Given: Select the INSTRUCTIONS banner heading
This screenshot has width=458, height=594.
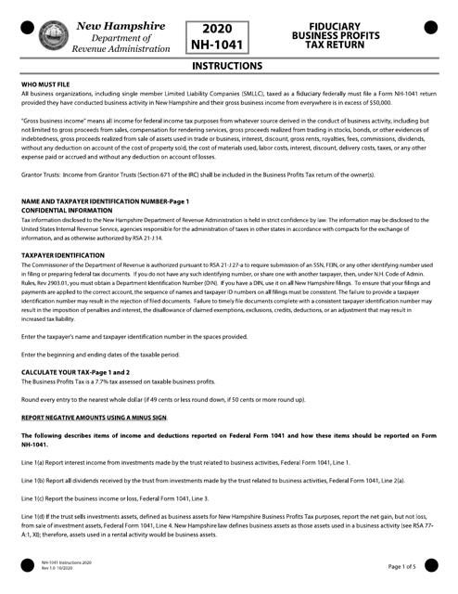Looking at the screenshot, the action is coord(228,67).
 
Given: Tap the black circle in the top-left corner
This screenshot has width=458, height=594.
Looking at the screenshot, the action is coord(26,27).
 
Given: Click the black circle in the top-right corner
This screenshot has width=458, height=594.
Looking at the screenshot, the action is coord(431,27).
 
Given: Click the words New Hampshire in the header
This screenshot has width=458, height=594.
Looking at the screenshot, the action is coord(121,23).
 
